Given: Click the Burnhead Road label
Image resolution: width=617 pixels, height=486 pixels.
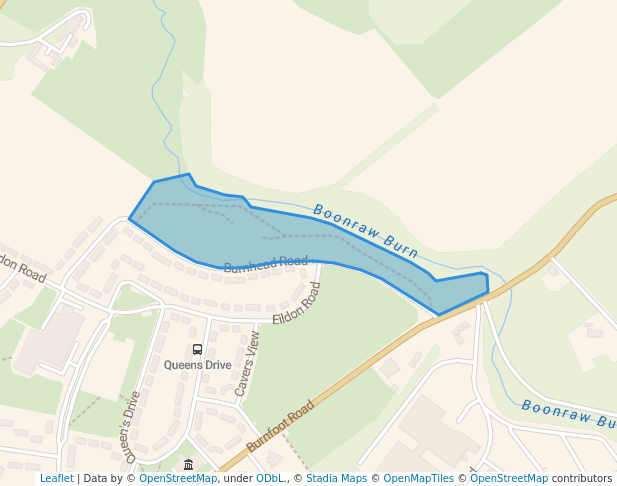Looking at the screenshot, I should pyautogui.click(x=265, y=264).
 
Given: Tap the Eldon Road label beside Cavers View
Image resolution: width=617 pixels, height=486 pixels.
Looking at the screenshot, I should pyautogui.click(x=298, y=303).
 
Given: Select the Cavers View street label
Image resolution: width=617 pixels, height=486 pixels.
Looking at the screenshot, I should pyautogui.click(x=247, y=364).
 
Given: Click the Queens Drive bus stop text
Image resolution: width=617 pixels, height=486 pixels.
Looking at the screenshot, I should pyautogui.click(x=197, y=365).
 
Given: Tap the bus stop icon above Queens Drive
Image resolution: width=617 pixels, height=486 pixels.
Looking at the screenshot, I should pyautogui.click(x=197, y=349).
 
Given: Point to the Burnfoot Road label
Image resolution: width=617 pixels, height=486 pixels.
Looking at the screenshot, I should pyautogui.click(x=281, y=425).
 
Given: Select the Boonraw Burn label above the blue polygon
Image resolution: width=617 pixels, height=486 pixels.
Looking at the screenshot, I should pyautogui.click(x=365, y=231).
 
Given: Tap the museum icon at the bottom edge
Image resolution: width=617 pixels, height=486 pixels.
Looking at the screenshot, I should pyautogui.click(x=189, y=465).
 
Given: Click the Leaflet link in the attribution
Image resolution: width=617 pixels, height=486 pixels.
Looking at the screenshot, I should pyautogui.click(x=56, y=478).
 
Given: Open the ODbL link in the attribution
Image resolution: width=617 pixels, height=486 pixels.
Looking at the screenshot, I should pyautogui.click(x=270, y=478).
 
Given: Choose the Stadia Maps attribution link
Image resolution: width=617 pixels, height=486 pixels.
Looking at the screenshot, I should pyautogui.click(x=336, y=478).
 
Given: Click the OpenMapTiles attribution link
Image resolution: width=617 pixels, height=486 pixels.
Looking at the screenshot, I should pyautogui.click(x=421, y=478).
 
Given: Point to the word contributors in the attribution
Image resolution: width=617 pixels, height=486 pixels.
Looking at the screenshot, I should pyautogui.click(x=582, y=478).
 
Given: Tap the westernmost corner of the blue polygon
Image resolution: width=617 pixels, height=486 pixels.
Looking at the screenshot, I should pyautogui.click(x=130, y=218).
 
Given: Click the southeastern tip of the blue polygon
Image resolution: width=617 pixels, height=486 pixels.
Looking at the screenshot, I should pyautogui.click(x=439, y=315).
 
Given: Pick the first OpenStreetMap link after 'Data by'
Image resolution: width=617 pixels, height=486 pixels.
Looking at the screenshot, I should pyautogui.click(x=178, y=478).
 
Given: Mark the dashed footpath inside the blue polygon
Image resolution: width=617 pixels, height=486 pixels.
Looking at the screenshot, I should pyautogui.click(x=300, y=237).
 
